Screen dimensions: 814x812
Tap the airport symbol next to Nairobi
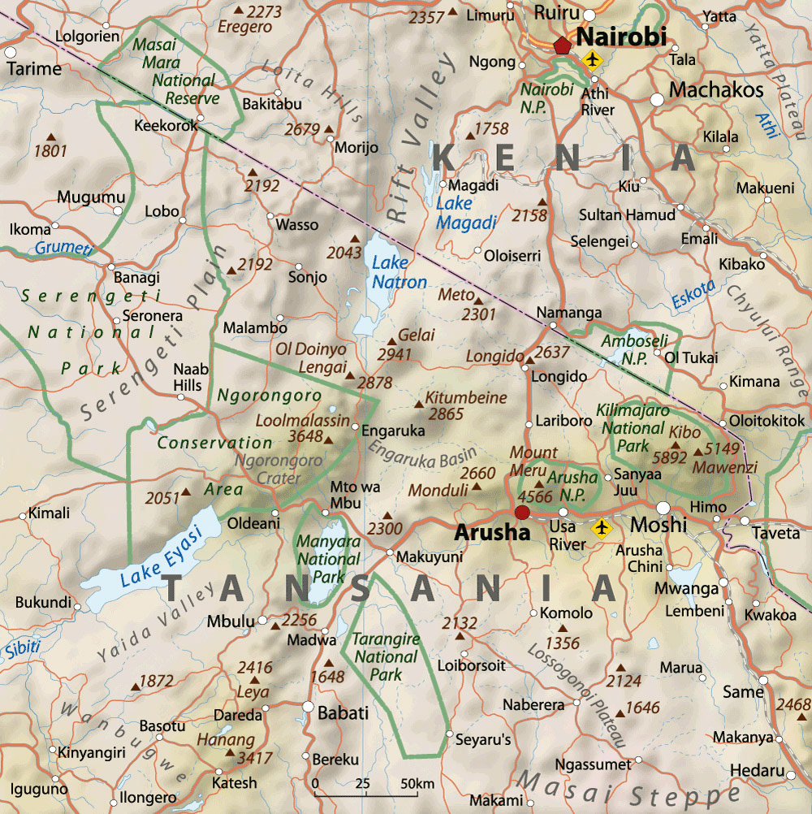pos(593,59)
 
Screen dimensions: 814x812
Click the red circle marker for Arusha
pos(522,512)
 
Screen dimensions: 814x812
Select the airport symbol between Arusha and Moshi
pos(602,529)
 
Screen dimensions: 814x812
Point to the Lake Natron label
pos(397,273)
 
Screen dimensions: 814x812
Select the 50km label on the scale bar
pos(417,783)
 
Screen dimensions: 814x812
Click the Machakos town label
pos(717,89)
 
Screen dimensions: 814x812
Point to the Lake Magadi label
pos(466,214)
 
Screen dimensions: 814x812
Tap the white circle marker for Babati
pos(308,706)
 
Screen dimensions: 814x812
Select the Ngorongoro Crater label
pos(268,469)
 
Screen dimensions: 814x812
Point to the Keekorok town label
pos(166,126)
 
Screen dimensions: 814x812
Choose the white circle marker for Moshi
pos(663,508)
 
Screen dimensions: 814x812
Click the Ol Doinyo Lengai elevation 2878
pos(374,382)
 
